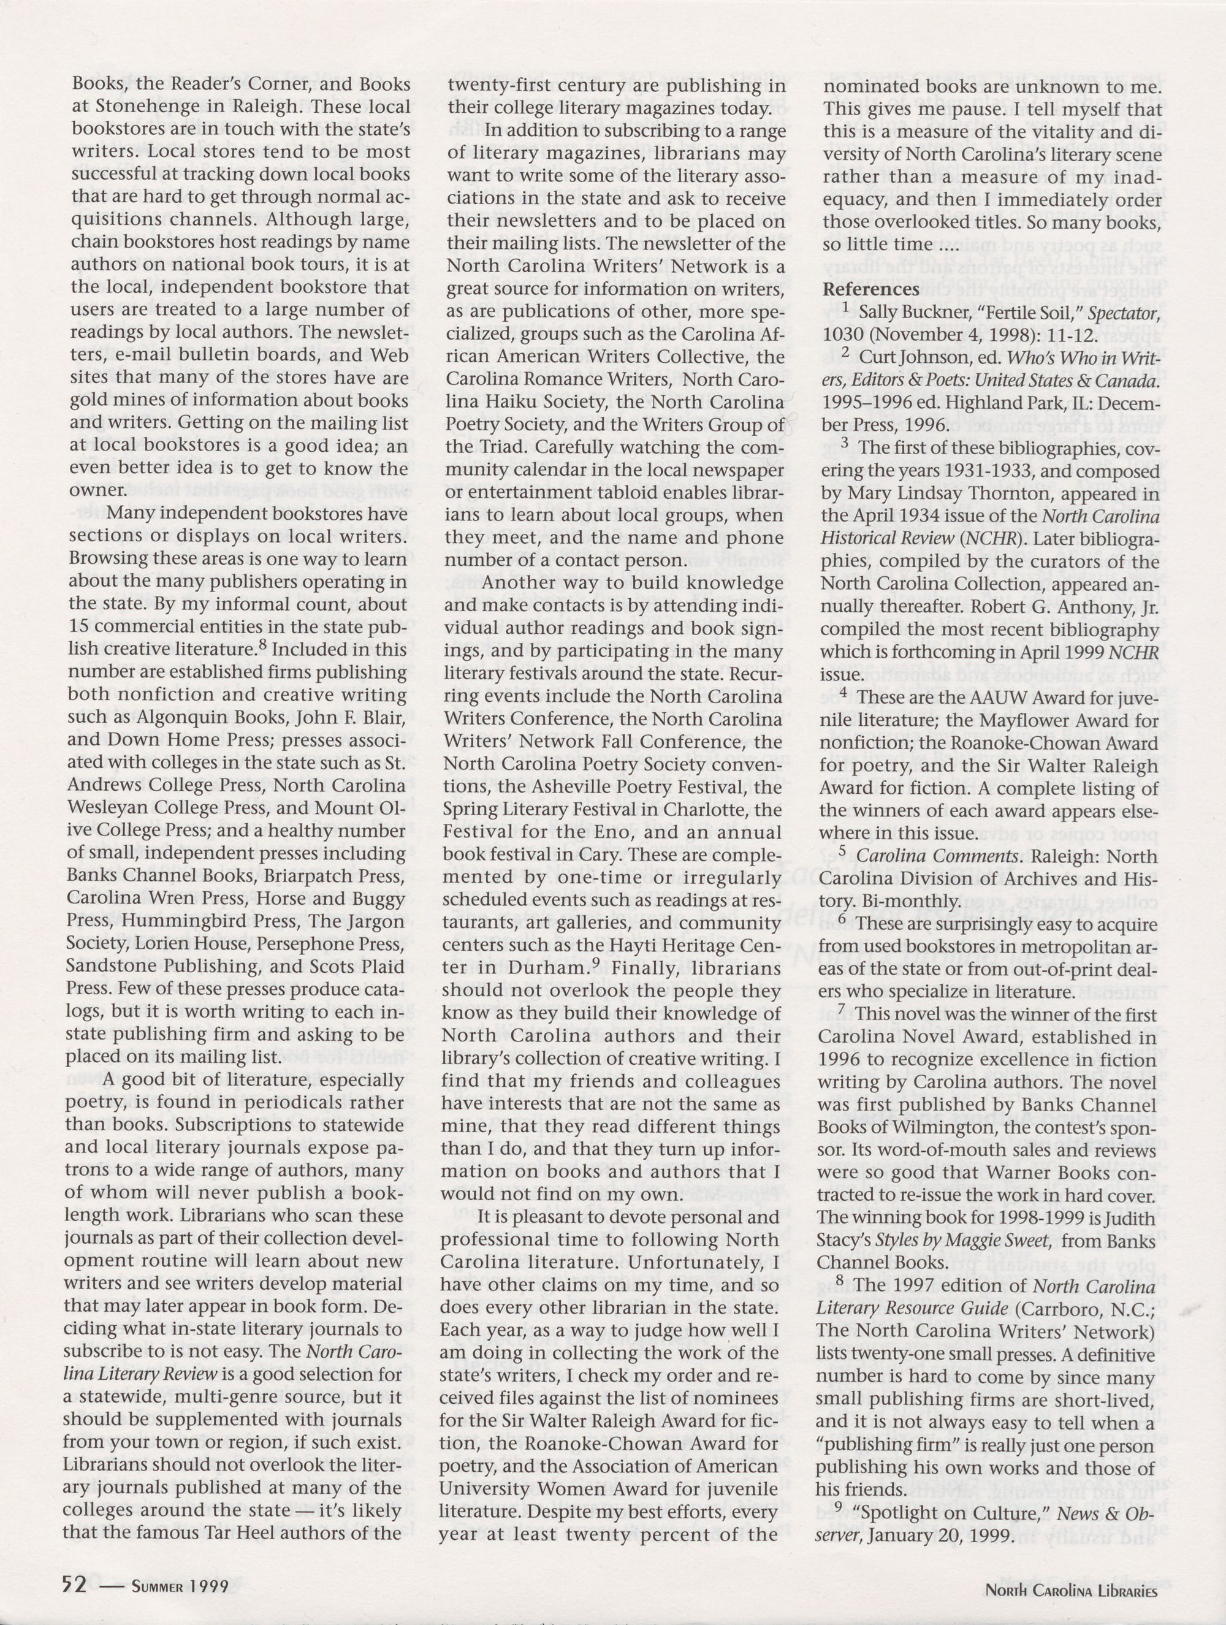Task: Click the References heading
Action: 870,289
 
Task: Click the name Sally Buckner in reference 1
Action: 906,313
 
